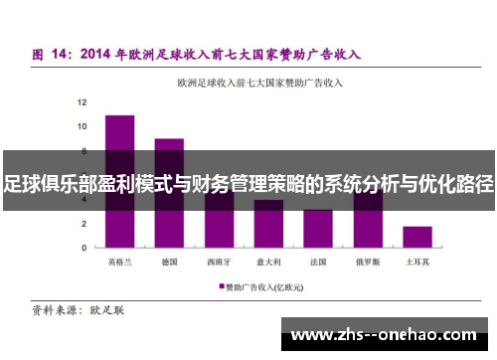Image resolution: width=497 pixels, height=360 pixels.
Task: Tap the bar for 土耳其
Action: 416,237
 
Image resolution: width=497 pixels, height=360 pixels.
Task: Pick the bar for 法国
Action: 318,229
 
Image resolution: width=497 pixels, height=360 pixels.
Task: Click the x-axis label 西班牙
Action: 219,263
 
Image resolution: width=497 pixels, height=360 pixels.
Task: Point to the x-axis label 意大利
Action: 268,263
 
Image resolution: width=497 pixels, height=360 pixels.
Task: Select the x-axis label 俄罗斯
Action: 368,263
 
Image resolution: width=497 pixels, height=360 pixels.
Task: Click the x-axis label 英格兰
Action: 119,263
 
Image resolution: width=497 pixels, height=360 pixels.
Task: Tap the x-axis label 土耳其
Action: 416,263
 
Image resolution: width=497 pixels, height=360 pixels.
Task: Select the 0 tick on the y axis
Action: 83,248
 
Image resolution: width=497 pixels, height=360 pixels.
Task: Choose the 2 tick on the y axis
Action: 83,224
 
